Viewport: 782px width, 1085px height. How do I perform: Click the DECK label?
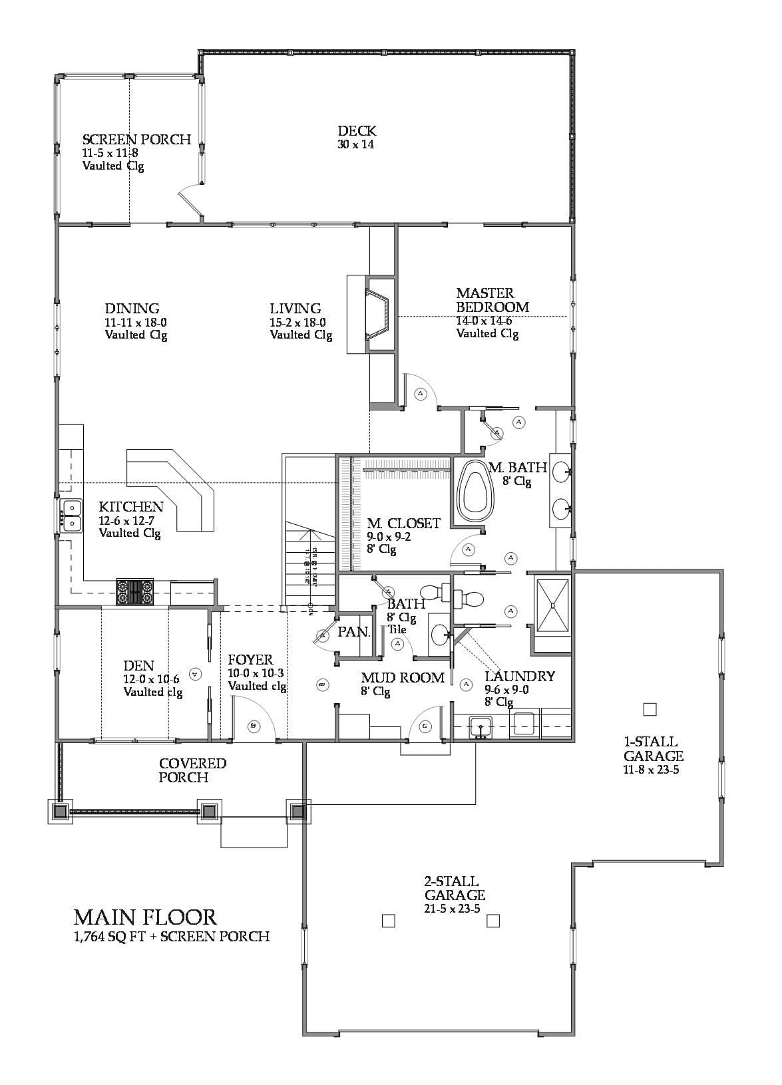tap(356, 131)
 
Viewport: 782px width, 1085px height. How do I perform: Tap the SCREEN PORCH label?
tap(136, 139)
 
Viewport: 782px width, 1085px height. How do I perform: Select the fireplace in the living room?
tap(377, 315)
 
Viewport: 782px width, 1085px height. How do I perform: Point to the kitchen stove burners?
tap(135, 591)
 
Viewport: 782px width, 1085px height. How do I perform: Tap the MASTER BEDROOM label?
tap(492, 300)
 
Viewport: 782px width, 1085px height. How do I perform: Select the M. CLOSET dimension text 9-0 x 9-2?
tap(389, 537)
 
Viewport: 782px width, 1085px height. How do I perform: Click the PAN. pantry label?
tap(354, 632)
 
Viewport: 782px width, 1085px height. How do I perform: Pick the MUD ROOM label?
tap(403, 677)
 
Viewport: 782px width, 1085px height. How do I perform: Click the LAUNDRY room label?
tap(519, 676)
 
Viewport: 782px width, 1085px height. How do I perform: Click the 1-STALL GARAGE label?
tap(653, 748)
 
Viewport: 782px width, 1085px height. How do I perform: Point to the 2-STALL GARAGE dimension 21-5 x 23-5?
tap(452, 909)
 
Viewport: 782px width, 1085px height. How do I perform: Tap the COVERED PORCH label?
tap(192, 770)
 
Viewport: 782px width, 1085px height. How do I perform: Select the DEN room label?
tap(138, 665)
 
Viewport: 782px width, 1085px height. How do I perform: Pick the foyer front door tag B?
tap(253, 726)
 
